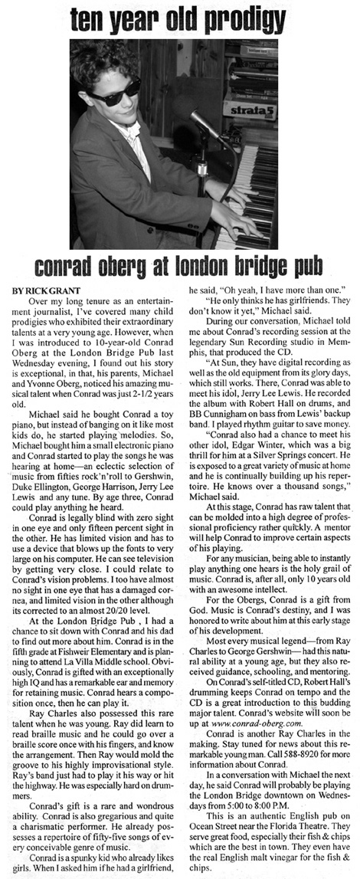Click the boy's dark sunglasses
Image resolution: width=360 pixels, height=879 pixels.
point(115,90)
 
